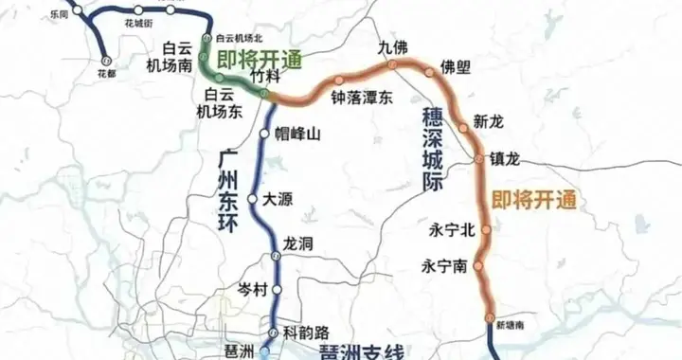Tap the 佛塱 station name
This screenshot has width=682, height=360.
[x=456, y=67]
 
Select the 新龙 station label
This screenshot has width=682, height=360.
[x=490, y=122]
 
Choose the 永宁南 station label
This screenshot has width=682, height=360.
[x=444, y=266]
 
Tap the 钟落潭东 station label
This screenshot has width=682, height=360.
[x=361, y=98]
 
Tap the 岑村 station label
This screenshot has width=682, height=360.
[x=253, y=288]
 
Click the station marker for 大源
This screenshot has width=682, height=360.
[x=253, y=200]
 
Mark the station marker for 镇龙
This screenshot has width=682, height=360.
[x=479, y=158]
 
